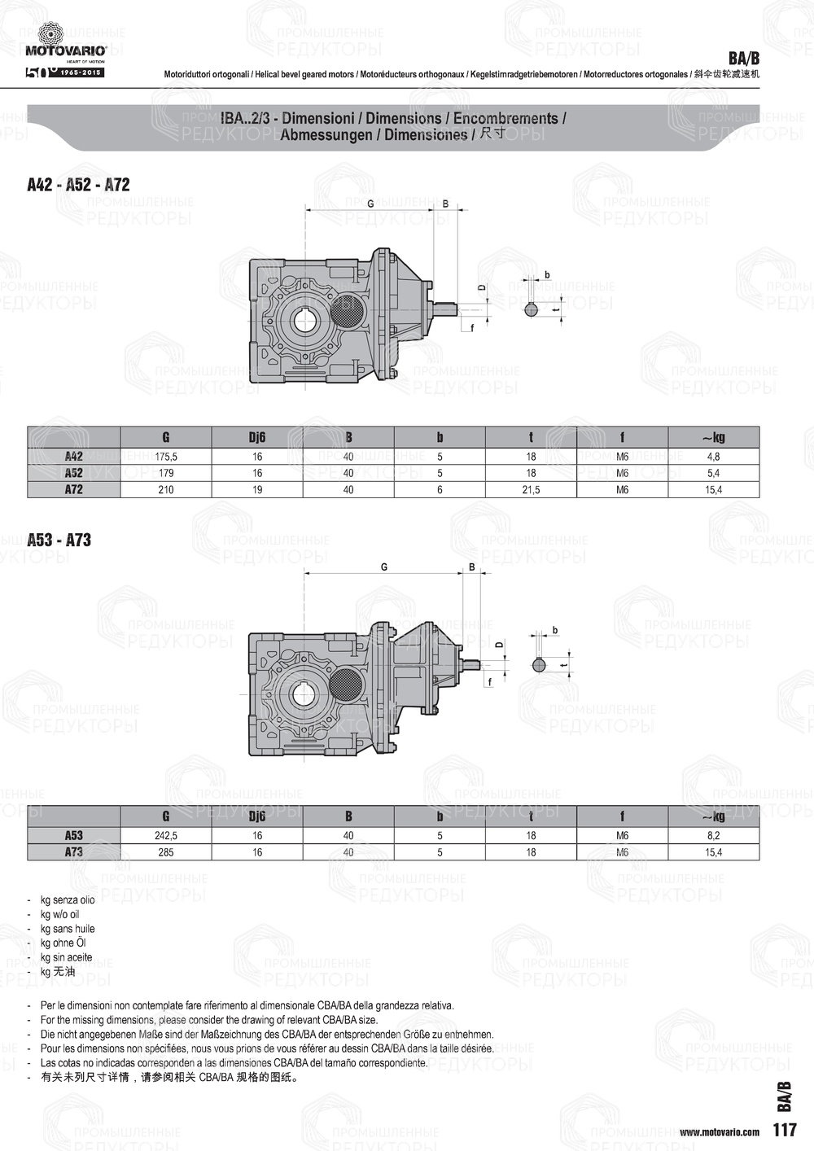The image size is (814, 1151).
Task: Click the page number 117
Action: coord(785,1130)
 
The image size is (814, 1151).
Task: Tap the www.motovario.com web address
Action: coord(719,1131)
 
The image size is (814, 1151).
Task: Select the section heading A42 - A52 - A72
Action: coord(78,185)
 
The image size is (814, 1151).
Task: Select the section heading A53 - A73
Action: coord(59,540)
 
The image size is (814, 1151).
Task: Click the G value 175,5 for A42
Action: coord(166,457)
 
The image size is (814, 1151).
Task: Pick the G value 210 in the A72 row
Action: coord(166,490)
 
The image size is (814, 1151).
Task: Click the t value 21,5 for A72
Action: coord(531,490)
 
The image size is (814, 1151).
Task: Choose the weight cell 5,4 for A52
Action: coord(713,473)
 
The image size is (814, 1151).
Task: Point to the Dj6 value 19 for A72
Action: coord(257,490)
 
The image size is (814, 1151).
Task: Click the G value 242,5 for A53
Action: coord(166,835)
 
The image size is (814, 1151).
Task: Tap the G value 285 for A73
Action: coord(166,852)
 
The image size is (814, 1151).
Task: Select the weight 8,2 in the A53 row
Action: coord(713,835)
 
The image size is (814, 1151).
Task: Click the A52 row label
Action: coord(74,473)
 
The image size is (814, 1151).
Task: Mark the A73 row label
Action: coord(74,852)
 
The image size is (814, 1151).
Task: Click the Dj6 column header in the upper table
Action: coord(257,438)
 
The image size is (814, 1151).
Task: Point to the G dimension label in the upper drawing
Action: coord(370,204)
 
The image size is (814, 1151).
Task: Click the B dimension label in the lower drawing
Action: coord(472,567)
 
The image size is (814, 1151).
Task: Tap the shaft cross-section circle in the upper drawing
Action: coord(531,309)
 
